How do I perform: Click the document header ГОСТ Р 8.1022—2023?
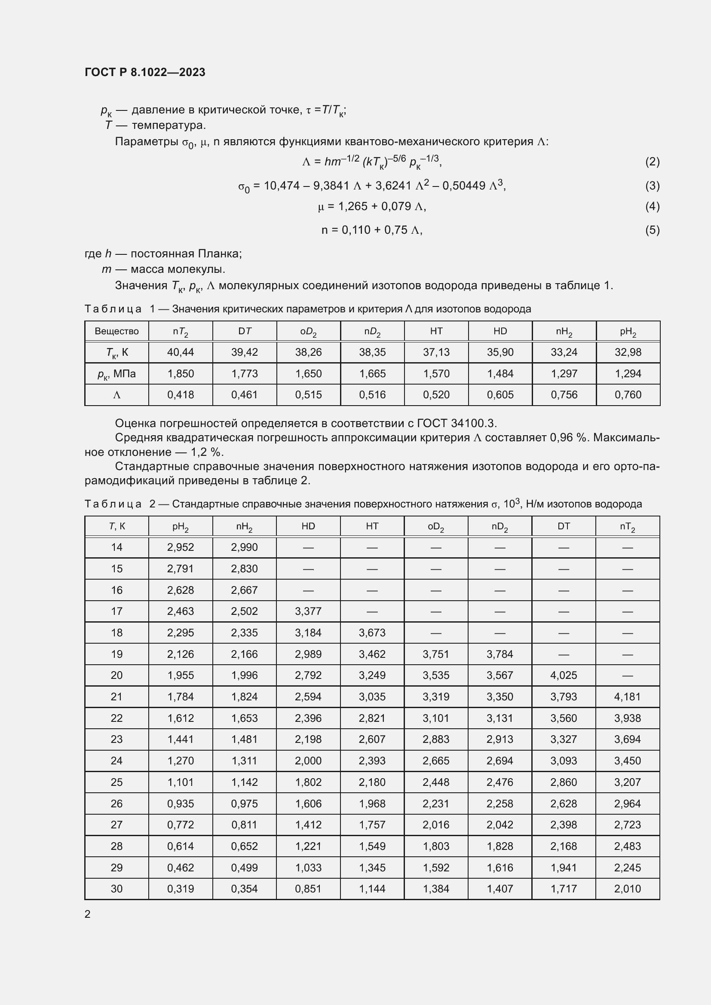click(145, 72)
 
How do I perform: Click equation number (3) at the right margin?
click(652, 186)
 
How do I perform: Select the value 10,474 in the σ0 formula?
click(282, 186)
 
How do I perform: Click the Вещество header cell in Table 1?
click(116, 331)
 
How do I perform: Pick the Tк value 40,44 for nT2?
click(181, 352)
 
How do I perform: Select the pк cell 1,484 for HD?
click(500, 373)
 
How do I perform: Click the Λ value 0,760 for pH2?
click(628, 394)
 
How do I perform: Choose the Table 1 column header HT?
click(436, 331)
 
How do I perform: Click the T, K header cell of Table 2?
click(116, 526)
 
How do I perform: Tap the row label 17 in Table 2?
click(116, 611)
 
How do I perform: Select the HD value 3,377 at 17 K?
click(308, 611)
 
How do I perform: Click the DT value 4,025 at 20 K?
click(564, 675)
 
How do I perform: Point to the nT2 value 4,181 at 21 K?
click(627, 696)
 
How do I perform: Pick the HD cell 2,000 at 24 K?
click(308, 761)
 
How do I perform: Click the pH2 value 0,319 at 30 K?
click(181, 889)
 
